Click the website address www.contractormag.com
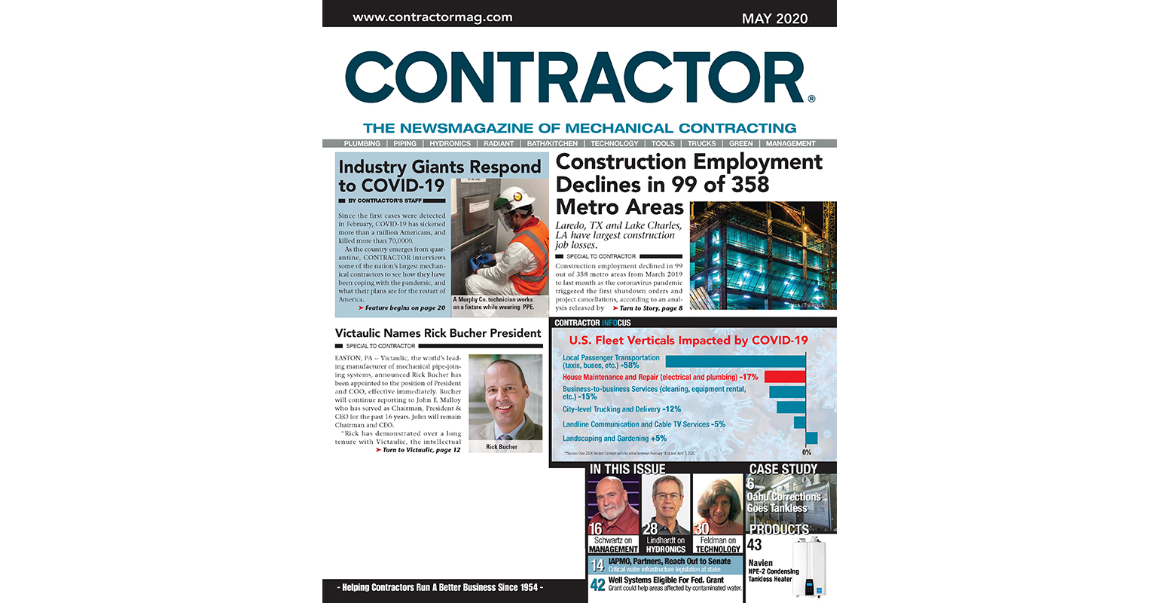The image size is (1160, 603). tap(432, 17)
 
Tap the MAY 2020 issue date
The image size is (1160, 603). tap(774, 18)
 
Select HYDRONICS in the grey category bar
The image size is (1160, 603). tap(450, 143)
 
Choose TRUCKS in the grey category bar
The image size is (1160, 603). tap(701, 143)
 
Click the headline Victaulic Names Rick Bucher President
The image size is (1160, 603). tap(438, 333)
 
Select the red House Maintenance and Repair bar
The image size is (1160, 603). tap(783, 376)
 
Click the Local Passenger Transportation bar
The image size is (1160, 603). tap(735, 361)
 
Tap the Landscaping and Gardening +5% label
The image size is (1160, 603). tap(614, 438)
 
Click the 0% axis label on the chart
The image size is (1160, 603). tap(806, 452)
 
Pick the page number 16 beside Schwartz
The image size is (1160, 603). tap(596, 529)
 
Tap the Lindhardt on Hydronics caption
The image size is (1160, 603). tap(666, 544)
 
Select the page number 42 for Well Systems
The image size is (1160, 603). tap(598, 585)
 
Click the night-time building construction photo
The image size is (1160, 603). tap(762, 256)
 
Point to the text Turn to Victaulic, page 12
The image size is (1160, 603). tap(421, 450)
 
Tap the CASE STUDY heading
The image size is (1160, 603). tap(783, 469)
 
